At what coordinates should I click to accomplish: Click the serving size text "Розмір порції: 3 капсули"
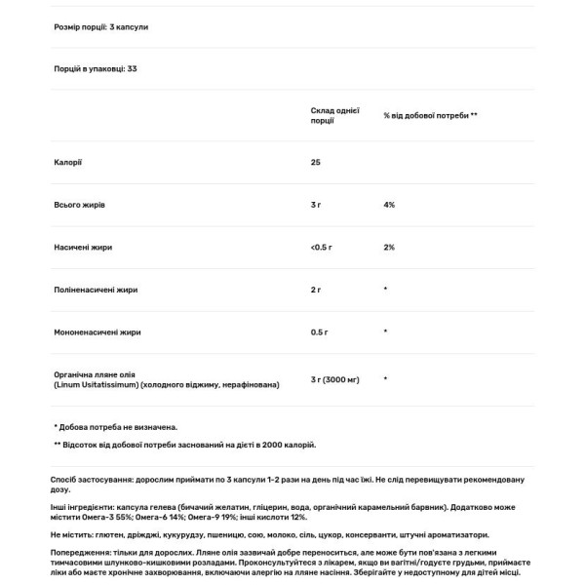[x=101, y=27]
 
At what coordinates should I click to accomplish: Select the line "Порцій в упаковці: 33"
[x=96, y=68]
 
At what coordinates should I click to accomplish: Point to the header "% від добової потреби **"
[x=430, y=115]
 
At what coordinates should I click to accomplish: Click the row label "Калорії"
[x=68, y=162]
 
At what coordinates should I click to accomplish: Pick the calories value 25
[x=316, y=162]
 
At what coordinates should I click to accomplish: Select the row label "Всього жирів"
[x=81, y=205]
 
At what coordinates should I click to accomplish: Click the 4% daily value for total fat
[x=389, y=205]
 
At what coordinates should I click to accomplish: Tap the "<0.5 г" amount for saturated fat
[x=322, y=248]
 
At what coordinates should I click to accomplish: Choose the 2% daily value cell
[x=389, y=248]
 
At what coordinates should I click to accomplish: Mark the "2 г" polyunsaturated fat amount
[x=317, y=291]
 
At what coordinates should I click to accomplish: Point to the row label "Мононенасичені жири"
[x=97, y=332]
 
